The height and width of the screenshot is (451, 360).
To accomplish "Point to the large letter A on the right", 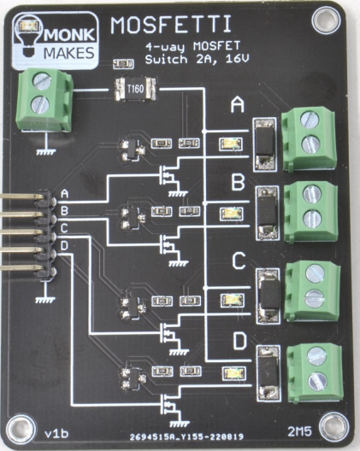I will click(239, 107).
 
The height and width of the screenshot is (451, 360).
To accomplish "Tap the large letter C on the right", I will click(239, 262).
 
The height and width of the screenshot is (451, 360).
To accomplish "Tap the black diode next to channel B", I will click(267, 208).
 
